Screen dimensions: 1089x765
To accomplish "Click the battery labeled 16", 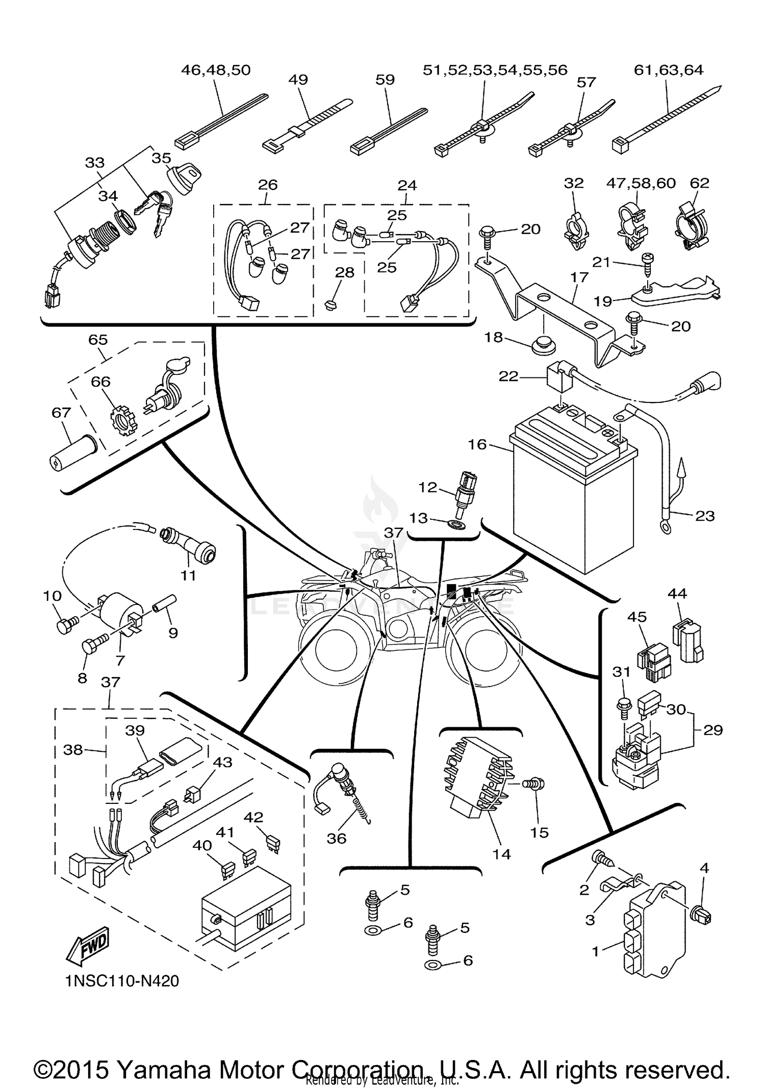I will tap(566, 500).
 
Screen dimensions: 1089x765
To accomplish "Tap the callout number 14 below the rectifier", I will tap(502, 854).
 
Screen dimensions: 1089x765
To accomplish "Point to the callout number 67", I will tap(61, 412).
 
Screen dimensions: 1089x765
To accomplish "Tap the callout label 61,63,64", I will tap(668, 70).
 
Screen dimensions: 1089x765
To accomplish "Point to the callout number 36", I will tap(337, 838).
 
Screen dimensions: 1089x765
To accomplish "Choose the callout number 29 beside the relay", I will tap(712, 730).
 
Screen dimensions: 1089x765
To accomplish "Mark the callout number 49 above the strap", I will tap(298, 80).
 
